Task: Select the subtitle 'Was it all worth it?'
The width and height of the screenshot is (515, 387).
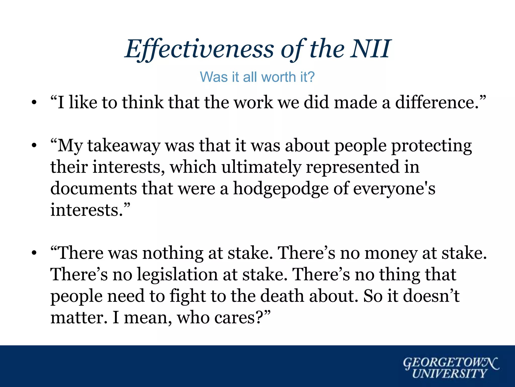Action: tap(257, 77)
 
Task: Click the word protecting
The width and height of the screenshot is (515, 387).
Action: tap(432, 146)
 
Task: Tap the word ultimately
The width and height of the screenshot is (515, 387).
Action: tap(261, 167)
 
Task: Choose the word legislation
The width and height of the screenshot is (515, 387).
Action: tap(177, 274)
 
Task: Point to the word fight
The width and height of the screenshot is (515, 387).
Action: tap(188, 296)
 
